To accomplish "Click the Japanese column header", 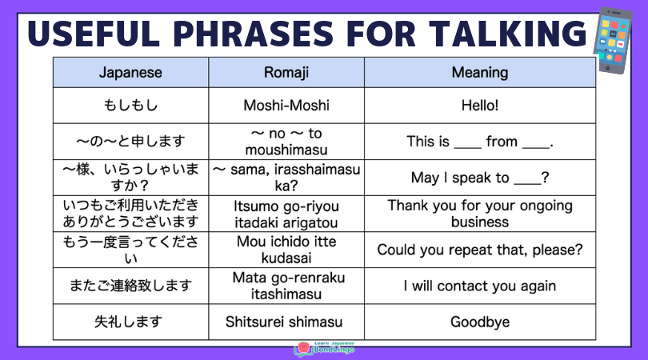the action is [x=130, y=72].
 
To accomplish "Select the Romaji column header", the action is [x=286, y=72].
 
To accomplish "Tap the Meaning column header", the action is [x=480, y=72].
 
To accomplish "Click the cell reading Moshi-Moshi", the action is [x=286, y=106].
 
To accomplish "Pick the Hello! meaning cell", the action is [x=480, y=106].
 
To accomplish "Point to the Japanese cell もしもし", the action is [x=130, y=106].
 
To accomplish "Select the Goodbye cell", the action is [x=480, y=322].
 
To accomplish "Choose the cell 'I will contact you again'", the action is [x=480, y=286].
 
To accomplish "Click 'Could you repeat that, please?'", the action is [x=480, y=250].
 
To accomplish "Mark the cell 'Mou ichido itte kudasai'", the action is [x=286, y=250].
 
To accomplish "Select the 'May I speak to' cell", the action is [x=480, y=178].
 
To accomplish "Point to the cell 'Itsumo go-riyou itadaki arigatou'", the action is [x=286, y=214].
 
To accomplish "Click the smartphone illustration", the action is [x=613, y=40].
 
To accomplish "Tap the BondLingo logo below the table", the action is [x=325, y=349].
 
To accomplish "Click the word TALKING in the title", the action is [x=507, y=33].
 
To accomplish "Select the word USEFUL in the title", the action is [x=94, y=33].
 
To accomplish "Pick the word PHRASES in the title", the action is [x=253, y=33].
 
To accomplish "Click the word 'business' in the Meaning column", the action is [x=480, y=222].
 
